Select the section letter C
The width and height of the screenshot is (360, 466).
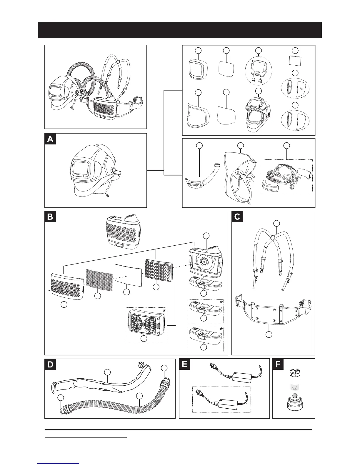pos(237,217)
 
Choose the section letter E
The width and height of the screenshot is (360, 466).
pos(185,365)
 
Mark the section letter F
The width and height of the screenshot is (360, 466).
pos(278,365)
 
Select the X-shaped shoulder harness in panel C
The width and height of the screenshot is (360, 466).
pos(271,253)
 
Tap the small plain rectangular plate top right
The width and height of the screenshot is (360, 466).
pos(296,60)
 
